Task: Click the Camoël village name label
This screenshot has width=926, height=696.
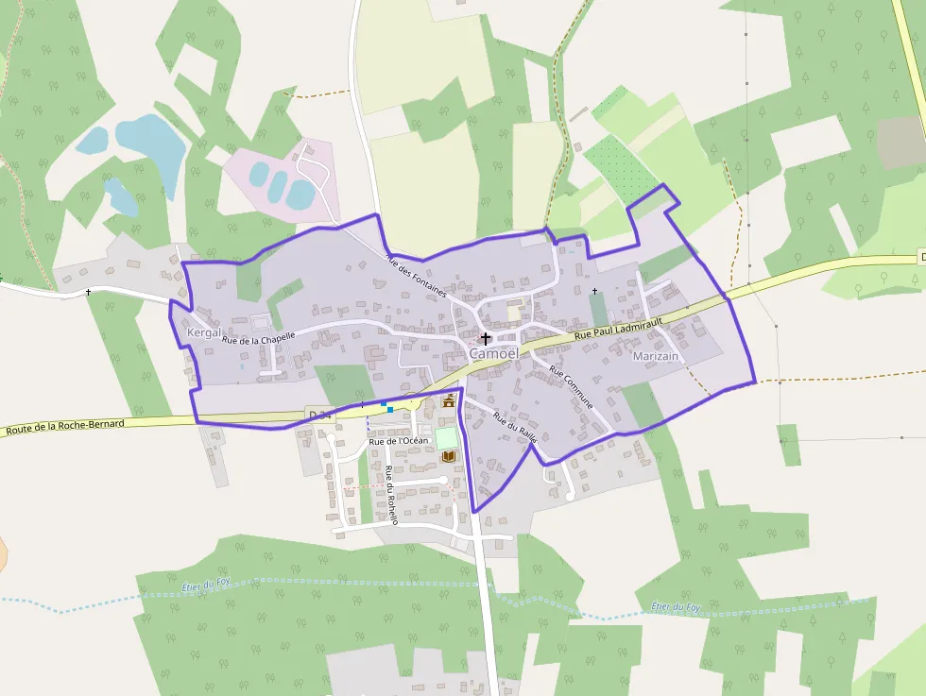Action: click(493, 353)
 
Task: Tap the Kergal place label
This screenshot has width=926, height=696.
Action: click(204, 332)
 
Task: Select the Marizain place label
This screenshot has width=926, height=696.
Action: click(656, 356)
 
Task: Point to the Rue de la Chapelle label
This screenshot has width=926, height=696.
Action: click(259, 337)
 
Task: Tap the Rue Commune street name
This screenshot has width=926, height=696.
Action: click(572, 387)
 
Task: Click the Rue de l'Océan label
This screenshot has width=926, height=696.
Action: click(398, 441)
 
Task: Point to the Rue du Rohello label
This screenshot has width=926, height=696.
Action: click(391, 494)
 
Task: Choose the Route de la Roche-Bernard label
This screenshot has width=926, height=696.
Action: click(64, 427)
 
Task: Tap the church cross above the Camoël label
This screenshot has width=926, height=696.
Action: click(486, 337)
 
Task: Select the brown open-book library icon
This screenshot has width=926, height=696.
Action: click(449, 457)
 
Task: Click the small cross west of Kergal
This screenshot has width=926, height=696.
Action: click(89, 292)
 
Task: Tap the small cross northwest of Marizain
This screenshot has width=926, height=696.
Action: click(594, 290)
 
